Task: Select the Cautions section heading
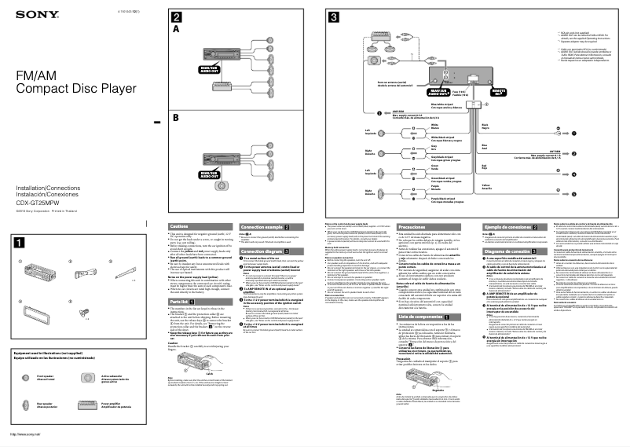[x=180, y=227]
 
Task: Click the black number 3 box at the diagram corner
[x=335, y=17]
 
